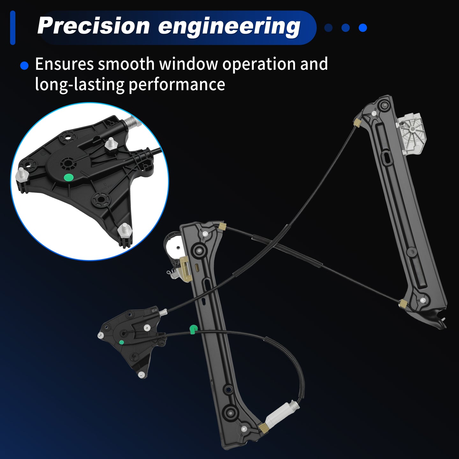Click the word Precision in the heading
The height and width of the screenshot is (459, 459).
coord(93,26)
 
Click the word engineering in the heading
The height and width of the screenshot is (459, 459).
coord(229,27)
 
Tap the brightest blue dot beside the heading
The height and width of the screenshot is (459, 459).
coord(363,28)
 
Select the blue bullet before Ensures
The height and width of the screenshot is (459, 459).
coord(24,66)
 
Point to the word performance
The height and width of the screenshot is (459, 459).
coord(177,84)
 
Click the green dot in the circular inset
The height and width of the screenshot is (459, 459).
coord(69,177)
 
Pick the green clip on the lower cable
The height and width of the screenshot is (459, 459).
coord(193,329)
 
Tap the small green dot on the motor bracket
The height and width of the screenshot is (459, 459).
coord(121,342)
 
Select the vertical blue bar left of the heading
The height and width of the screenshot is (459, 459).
coord(13,28)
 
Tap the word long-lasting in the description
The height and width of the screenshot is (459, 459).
coord(80,84)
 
